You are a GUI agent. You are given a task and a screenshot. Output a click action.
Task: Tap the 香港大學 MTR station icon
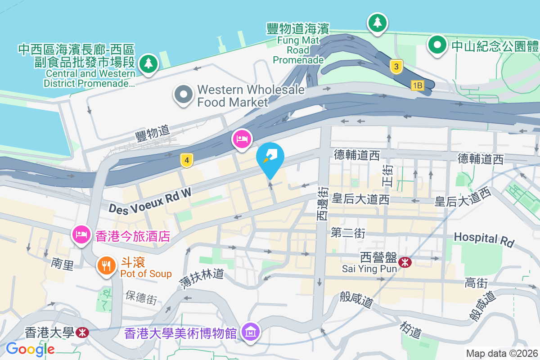82,333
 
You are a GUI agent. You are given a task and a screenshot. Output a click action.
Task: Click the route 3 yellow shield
396,67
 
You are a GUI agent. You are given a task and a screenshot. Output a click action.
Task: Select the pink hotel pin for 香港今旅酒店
81,234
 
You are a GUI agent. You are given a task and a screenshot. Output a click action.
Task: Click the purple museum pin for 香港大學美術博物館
251,332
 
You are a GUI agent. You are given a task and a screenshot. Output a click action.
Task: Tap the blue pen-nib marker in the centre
270,157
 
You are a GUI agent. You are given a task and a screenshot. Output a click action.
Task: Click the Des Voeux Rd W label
150,201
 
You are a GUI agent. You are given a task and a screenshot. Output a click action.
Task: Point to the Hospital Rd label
484,239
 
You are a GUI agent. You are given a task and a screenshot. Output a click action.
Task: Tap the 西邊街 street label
322,205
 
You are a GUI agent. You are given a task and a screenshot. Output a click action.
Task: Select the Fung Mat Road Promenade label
298,45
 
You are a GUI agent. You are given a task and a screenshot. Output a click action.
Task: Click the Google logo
31,349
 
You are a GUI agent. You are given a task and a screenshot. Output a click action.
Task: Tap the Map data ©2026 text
502,353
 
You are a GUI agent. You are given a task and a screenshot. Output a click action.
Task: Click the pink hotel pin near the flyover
242,138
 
